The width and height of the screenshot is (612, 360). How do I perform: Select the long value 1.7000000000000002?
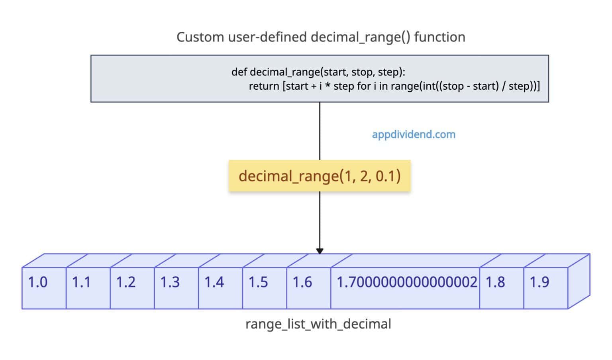(x=406, y=283)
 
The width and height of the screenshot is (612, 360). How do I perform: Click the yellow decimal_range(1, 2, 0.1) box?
(x=320, y=176)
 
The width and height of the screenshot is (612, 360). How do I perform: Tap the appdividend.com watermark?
(x=414, y=134)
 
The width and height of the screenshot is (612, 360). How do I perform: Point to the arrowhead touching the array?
(x=320, y=251)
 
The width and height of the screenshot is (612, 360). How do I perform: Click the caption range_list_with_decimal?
(x=318, y=324)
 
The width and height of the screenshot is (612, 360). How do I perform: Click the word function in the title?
(x=439, y=37)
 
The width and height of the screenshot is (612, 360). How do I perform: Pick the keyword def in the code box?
(x=239, y=72)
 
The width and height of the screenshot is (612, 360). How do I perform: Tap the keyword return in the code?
(x=264, y=86)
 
